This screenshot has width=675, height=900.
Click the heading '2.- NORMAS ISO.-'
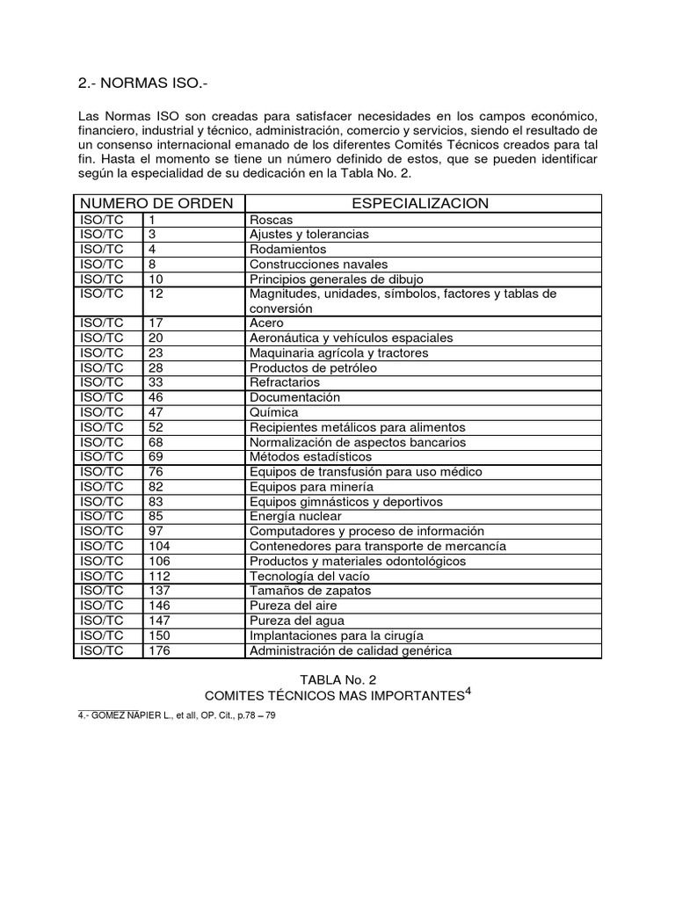(145, 83)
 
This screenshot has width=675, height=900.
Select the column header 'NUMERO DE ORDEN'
(156, 203)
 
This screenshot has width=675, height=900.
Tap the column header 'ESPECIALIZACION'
(420, 203)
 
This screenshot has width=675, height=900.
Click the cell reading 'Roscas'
(271, 220)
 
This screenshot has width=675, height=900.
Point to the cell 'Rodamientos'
(287, 250)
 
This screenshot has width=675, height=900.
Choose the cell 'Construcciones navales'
(318, 264)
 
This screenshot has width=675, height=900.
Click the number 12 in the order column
(156, 294)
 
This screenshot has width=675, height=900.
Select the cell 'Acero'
(266, 323)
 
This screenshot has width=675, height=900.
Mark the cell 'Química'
(274, 412)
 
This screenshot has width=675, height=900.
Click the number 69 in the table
(156, 457)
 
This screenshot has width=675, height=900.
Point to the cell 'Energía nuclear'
(296, 517)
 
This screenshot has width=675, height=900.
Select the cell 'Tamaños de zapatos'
(310, 591)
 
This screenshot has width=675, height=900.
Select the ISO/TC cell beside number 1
(103, 220)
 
